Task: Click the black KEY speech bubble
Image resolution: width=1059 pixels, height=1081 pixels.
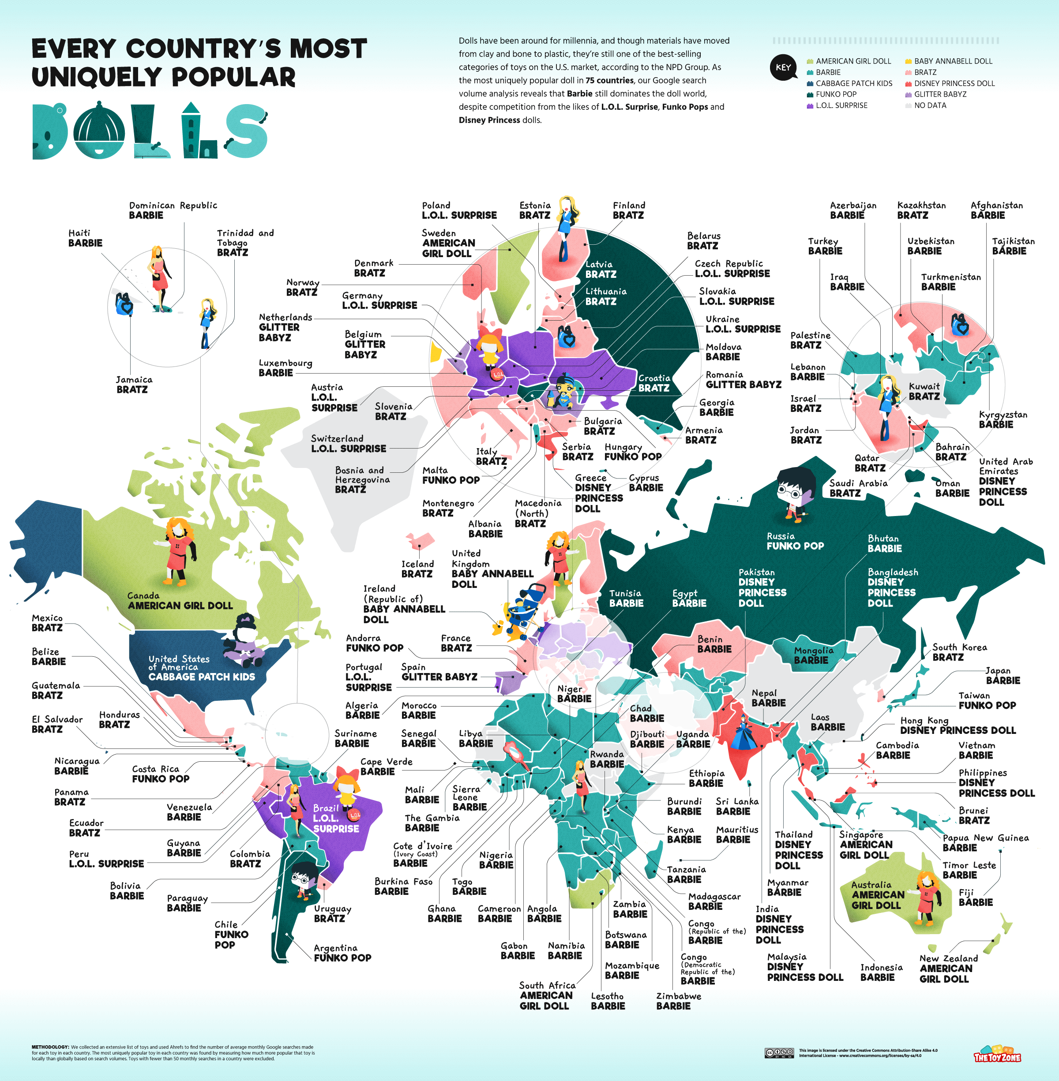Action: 783,68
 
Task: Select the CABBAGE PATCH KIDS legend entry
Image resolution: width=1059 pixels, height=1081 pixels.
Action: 853,83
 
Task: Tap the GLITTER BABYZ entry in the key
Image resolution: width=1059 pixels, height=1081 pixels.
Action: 939,94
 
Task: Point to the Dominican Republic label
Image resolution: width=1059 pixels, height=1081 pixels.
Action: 173,210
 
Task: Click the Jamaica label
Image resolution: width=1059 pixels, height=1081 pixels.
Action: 134,384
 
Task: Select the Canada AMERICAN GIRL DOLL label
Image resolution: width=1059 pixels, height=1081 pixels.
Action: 180,601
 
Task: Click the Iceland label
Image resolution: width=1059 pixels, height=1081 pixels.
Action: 417,569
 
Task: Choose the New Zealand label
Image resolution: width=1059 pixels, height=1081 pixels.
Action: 948,968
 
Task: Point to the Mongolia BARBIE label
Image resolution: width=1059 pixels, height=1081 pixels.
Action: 813,655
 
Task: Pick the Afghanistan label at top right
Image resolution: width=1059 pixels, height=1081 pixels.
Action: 996,210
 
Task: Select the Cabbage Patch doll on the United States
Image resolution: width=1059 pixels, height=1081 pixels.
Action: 245,640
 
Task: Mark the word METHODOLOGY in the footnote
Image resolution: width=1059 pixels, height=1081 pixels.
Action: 50,1047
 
